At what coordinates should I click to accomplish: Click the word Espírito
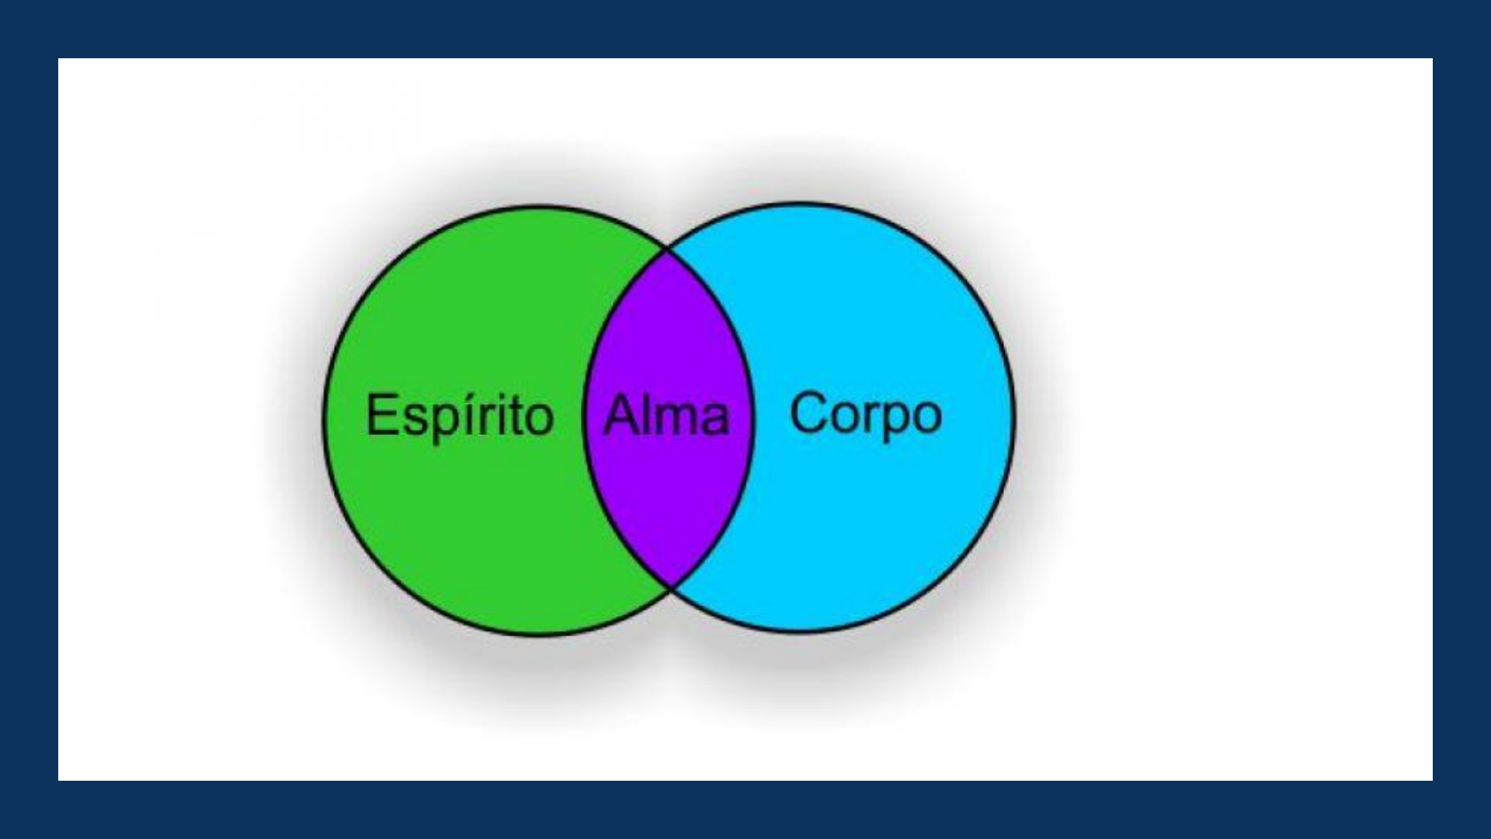click(460, 417)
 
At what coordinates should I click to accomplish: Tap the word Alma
click(667, 416)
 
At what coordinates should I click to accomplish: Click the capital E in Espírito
click(381, 415)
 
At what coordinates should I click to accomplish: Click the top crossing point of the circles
click(668, 249)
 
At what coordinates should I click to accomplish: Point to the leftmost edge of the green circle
click(324, 420)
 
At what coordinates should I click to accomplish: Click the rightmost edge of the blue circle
click(1013, 417)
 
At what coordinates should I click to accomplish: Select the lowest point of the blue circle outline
click(800, 631)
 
